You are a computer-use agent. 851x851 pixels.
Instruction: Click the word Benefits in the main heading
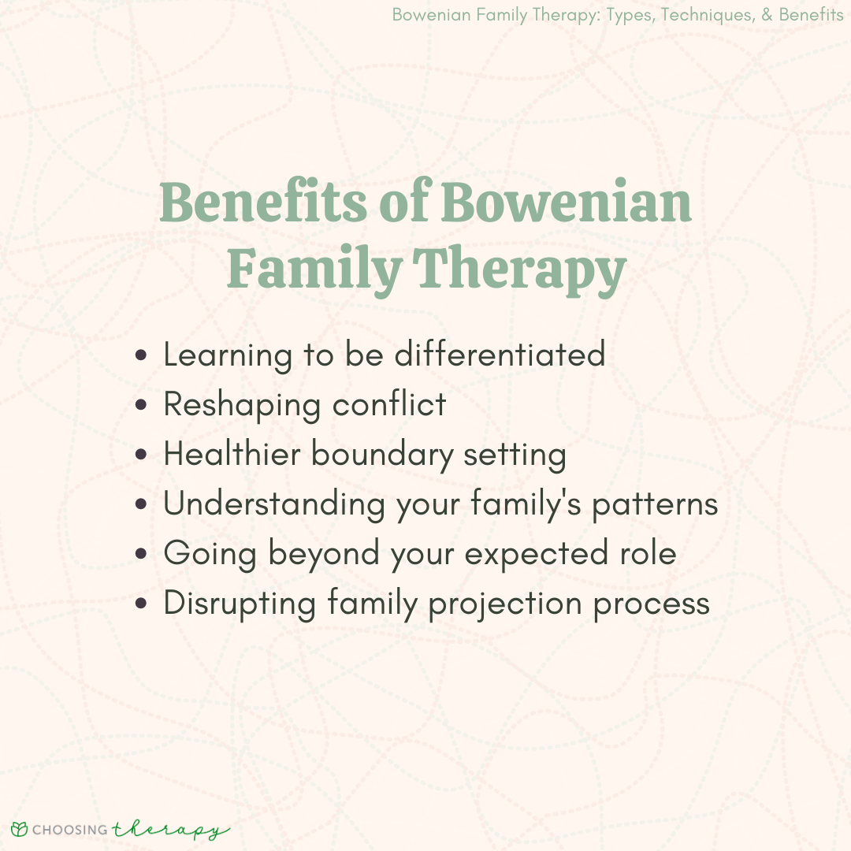click(x=263, y=202)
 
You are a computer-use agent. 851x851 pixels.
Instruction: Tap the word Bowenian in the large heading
click(x=566, y=202)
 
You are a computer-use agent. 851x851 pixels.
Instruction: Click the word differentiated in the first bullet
click(x=500, y=354)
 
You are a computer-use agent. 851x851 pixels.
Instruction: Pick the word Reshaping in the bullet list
click(x=242, y=406)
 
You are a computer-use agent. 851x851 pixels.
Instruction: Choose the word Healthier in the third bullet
click(x=232, y=454)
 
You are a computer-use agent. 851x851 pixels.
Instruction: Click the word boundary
click(x=381, y=455)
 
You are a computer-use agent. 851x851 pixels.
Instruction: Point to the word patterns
click(x=655, y=505)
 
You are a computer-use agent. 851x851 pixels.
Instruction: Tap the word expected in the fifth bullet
click(x=537, y=554)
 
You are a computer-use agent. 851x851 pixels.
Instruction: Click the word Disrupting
click(x=240, y=604)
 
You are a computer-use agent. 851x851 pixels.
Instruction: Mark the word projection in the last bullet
click(x=505, y=604)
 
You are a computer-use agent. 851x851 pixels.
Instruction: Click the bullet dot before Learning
click(x=141, y=355)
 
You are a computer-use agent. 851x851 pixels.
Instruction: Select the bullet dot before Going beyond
click(x=141, y=554)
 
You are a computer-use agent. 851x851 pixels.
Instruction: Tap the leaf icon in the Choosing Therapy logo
click(x=19, y=829)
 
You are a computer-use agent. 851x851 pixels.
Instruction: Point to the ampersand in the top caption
click(x=767, y=15)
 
